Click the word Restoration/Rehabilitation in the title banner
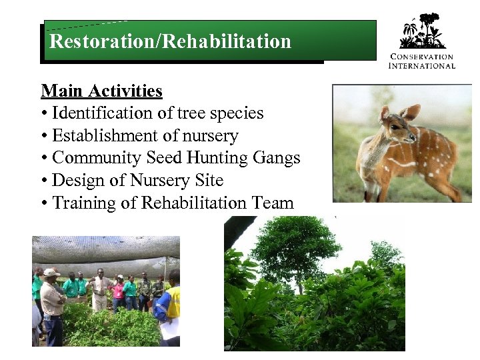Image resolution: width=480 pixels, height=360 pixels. (x=170, y=42)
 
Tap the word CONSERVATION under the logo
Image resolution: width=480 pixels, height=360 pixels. (x=421, y=57)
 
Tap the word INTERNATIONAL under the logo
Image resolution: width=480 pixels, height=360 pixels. (x=421, y=65)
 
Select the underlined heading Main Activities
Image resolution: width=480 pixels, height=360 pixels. (x=101, y=91)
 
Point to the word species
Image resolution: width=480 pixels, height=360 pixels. (x=237, y=114)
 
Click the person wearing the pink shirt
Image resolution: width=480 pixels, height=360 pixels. (x=118, y=291)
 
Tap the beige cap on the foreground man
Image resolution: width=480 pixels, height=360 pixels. (x=51, y=273)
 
